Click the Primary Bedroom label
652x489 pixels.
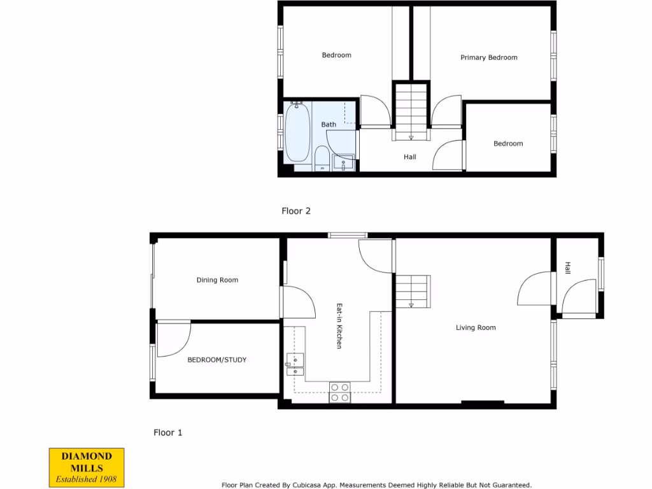point(488,57)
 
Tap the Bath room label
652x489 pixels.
point(329,124)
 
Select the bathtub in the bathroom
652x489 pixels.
point(297,132)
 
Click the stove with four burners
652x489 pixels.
point(339,392)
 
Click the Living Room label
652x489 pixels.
point(476,327)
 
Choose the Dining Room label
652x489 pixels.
point(217,280)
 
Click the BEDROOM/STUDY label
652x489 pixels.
point(216,360)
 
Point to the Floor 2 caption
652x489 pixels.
point(296,211)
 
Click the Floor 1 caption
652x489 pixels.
point(168,432)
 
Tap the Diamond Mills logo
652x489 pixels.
point(87,467)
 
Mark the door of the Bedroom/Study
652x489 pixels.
point(173,339)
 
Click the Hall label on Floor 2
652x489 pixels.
point(409,157)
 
